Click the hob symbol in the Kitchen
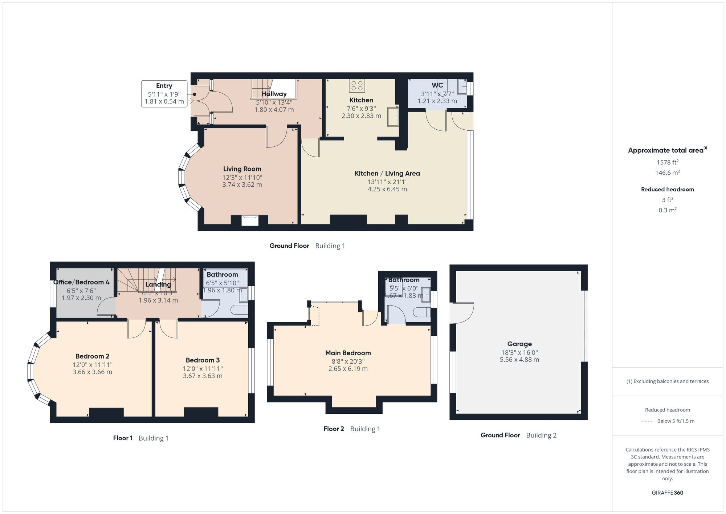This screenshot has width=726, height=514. click(x=357, y=86)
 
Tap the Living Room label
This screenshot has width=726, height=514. click(x=242, y=169)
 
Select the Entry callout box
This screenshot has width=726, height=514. click(x=164, y=94)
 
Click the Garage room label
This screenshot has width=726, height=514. click(x=519, y=344)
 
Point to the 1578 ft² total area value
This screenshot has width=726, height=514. click(x=667, y=162)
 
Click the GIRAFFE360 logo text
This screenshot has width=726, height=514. click(x=667, y=493)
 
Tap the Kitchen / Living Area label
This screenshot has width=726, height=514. click(x=387, y=174)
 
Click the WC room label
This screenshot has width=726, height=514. click(x=437, y=85)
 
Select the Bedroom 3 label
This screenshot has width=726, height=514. click(x=203, y=360)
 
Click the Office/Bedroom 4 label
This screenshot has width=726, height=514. click(x=81, y=282)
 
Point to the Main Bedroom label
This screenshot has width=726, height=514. click(x=348, y=353)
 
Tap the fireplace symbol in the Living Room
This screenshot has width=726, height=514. click(x=250, y=220)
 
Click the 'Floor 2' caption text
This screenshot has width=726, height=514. click(x=334, y=429)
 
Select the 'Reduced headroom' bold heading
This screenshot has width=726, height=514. click(x=667, y=189)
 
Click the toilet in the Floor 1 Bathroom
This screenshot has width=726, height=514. click(x=240, y=310)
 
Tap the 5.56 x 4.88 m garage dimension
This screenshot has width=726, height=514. click(x=519, y=360)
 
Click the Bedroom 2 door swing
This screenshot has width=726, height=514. click(x=136, y=329)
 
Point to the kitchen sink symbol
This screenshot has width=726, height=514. click(x=392, y=117)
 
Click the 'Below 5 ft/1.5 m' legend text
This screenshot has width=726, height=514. click(x=676, y=421)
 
